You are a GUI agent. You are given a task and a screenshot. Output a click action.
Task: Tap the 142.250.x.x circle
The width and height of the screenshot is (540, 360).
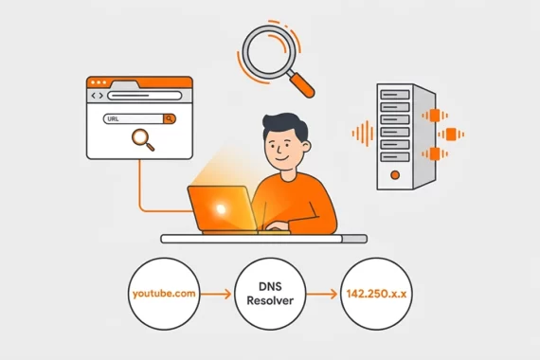[376, 293]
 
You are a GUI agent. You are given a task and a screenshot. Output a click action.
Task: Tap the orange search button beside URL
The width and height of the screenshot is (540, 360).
[169, 119]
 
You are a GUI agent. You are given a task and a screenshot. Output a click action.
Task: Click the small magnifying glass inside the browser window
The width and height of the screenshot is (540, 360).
[144, 140]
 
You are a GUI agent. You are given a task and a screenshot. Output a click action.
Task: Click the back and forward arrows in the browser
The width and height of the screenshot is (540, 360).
[96, 96]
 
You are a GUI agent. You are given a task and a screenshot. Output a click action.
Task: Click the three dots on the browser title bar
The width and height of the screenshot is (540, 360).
[102, 83]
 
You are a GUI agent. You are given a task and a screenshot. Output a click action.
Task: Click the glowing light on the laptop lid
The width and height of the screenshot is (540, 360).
[220, 208]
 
